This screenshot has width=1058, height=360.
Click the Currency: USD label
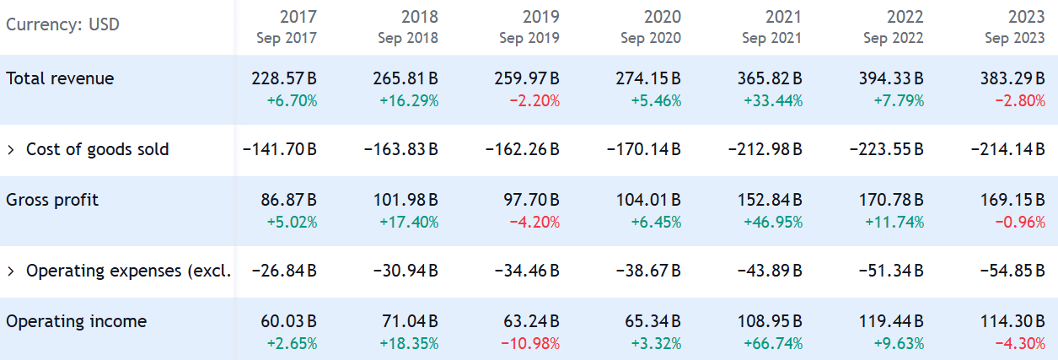(x=63, y=24)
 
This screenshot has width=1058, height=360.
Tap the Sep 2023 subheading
(x=1014, y=38)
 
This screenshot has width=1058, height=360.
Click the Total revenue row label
(x=60, y=78)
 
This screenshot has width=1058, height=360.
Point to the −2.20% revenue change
(x=534, y=101)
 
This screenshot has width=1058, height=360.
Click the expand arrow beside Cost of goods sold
(x=11, y=150)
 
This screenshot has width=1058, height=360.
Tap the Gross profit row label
(x=52, y=200)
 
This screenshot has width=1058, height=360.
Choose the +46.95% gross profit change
(x=773, y=223)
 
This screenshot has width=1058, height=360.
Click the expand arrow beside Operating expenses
(x=11, y=271)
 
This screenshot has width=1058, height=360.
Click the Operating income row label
(x=76, y=321)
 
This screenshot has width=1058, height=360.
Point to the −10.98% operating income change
(x=530, y=344)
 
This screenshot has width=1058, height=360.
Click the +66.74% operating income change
(x=773, y=344)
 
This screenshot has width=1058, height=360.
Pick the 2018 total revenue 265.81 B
(x=405, y=78)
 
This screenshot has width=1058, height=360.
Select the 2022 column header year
(x=905, y=17)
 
